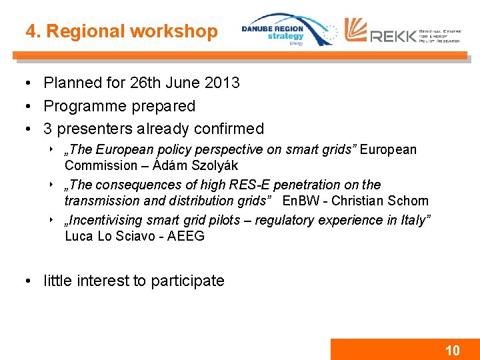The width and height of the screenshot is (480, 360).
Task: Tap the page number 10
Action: (452, 351)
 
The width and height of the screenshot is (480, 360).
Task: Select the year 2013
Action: (222, 83)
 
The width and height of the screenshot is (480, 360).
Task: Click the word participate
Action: (187, 281)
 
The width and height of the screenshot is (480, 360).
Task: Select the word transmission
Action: (98, 201)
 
